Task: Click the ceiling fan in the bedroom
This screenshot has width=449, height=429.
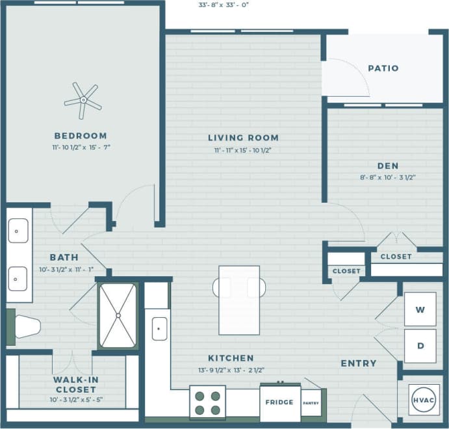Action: point(83,100)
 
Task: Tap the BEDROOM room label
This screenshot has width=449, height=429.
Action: point(81,136)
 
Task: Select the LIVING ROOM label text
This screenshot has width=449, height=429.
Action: point(243,138)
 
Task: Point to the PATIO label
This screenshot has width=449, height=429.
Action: point(383,68)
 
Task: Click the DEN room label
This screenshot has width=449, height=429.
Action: point(387,166)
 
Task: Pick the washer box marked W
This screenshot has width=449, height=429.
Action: point(420,309)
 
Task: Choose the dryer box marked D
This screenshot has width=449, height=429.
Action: point(420,346)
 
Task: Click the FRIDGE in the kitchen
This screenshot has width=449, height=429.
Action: point(279,402)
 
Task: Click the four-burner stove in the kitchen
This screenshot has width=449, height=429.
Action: point(207,402)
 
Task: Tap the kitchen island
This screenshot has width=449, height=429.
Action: point(238,300)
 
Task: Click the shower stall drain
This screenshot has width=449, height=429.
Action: point(118,316)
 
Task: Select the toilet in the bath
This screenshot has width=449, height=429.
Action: point(25,326)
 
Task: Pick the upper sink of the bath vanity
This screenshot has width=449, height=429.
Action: point(18,230)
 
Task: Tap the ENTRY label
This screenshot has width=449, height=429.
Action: point(358,363)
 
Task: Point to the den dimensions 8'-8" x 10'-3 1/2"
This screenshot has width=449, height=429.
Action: point(387,177)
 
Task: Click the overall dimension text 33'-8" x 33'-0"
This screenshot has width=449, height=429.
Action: point(224,5)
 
